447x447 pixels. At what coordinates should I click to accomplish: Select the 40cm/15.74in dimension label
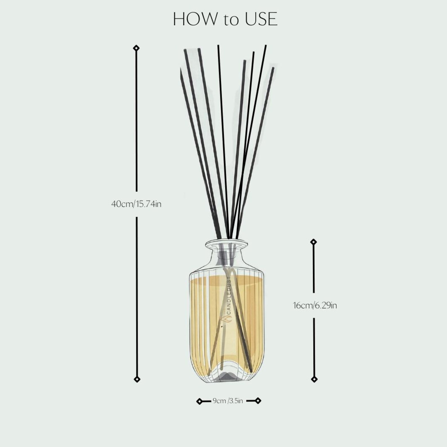coord(136,204)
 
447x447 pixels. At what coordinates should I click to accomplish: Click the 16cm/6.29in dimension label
coord(315,305)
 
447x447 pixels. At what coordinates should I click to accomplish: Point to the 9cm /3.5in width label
coord(228,401)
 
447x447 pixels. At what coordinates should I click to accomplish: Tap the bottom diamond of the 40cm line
coord(137,379)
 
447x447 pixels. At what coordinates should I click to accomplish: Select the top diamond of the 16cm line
coord(314,242)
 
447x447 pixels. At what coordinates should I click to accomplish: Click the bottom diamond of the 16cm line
coord(314,379)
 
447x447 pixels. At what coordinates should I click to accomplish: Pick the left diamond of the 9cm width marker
coord(199,401)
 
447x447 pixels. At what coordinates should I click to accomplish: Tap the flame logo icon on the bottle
coord(227,319)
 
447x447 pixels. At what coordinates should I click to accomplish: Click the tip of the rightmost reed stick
coord(272,68)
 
